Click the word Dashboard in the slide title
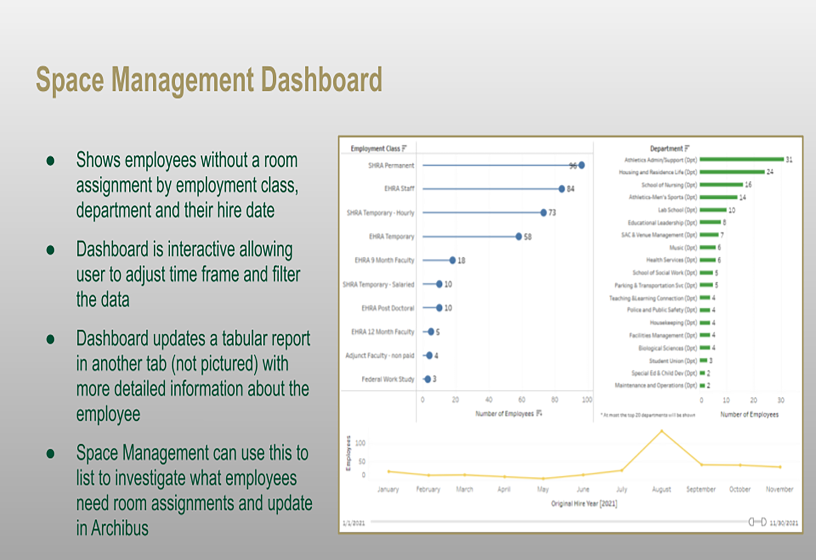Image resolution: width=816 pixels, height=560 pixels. pos(322,80)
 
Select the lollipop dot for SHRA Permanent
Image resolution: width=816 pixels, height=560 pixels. pos(582,165)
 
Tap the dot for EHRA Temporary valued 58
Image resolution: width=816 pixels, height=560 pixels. pos(519,237)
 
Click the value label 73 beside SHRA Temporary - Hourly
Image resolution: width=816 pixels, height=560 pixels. pos(552,213)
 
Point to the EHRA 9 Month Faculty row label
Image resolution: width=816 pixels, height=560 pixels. pos(384,260)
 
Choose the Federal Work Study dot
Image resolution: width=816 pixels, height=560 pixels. pos(428,379)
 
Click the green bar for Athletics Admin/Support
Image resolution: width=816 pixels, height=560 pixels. pos(741,160)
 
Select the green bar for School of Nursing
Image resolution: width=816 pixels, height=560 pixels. pos(721,185)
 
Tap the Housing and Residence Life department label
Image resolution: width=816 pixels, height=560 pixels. pos(658,172)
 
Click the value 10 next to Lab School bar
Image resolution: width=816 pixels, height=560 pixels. pos(732,210)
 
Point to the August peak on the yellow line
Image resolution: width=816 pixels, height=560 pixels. pos(662,431)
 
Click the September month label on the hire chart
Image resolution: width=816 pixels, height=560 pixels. pos(701,489)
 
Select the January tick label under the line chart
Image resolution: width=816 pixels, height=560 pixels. pos(388,489)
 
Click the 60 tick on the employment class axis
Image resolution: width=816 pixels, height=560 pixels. pos(522,400)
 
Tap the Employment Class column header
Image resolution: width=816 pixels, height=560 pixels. pos(375,148)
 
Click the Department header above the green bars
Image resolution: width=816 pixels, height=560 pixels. pos(666,148)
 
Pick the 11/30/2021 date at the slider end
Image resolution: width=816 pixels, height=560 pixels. pos(784,523)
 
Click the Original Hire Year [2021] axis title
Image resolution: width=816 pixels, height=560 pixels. pos(584,503)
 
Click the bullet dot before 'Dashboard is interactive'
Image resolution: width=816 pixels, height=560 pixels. pos(51,250)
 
